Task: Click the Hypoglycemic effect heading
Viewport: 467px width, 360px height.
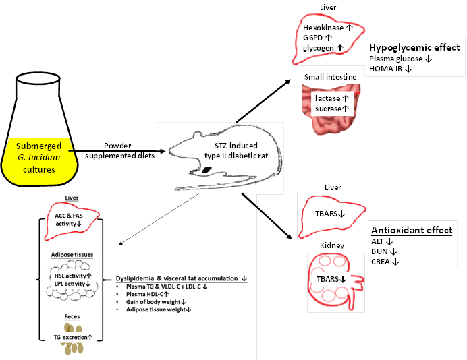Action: (x=414, y=48)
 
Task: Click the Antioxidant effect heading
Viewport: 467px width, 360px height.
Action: (x=412, y=231)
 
